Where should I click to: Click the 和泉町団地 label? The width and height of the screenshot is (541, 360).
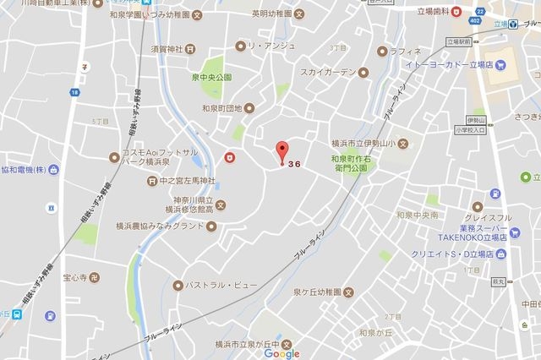point(220,108)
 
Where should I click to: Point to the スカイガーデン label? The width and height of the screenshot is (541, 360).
point(328,73)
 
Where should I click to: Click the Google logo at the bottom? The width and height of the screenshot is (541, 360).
point(281,353)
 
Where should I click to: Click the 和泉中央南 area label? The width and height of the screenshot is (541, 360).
point(417,215)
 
